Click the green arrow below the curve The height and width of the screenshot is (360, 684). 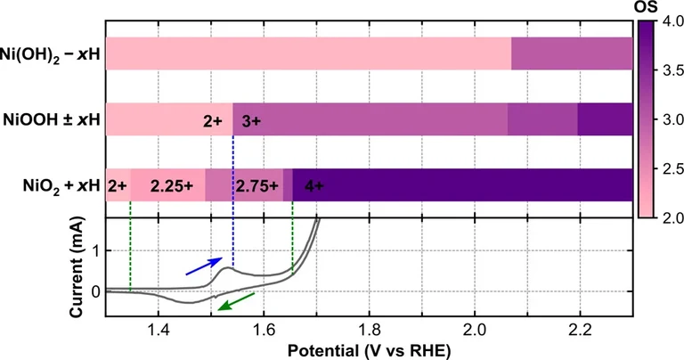pyautogui.click(x=237, y=301)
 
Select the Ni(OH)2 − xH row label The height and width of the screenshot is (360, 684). pyautogui.click(x=52, y=54)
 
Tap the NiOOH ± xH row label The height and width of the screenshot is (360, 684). pyautogui.click(x=53, y=119)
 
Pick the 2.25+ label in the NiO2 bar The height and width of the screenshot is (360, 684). pyautogui.click(x=171, y=186)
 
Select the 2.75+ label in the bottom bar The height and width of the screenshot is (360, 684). pyautogui.click(x=256, y=186)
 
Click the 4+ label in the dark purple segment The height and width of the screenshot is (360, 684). pyautogui.click(x=313, y=186)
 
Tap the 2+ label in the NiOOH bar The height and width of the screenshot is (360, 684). pyautogui.click(x=212, y=120)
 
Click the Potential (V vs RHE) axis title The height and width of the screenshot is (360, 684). pyautogui.click(x=369, y=349)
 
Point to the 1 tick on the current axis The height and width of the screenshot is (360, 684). pyautogui.click(x=94, y=252)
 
